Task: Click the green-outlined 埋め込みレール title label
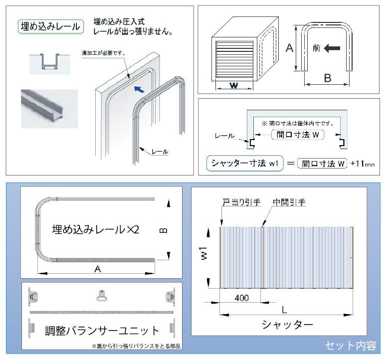(50, 26)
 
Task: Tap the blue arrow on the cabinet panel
(142, 90)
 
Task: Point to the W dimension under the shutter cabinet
(233, 85)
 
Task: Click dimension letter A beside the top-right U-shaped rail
(289, 48)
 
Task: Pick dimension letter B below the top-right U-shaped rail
(327, 78)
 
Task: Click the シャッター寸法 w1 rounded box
(244, 163)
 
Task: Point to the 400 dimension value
(241, 298)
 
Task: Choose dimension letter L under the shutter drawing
(284, 310)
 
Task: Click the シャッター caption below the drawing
(287, 325)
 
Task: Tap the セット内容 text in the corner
(351, 345)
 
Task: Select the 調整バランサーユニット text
(103, 330)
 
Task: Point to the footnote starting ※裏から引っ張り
(136, 346)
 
